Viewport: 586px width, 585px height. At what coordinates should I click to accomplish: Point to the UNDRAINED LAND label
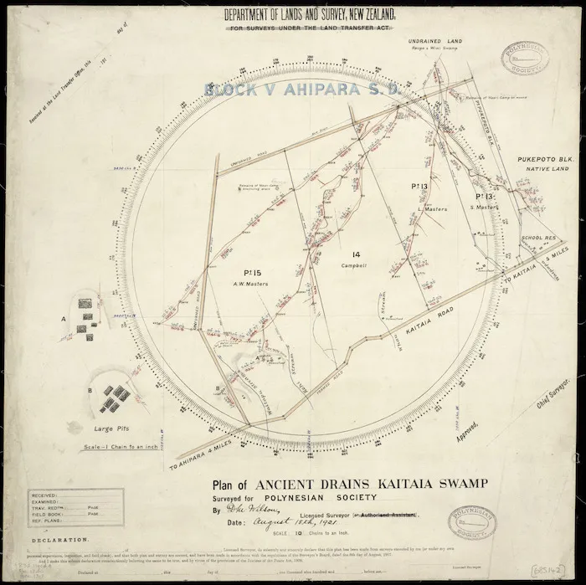click(435, 40)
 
